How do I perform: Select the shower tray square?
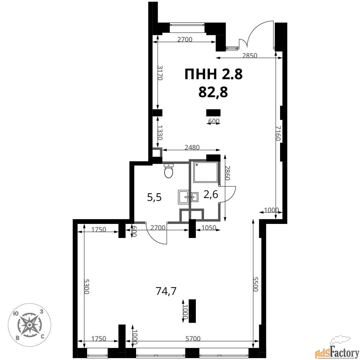pos(206,172)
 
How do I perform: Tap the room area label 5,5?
pos(154,197)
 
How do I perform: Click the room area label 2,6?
pos(211,195)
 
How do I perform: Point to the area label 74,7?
pos(166,291)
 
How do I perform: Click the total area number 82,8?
pos(213,93)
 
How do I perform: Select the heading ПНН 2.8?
pos(213,75)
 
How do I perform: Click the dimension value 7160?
pos(278,133)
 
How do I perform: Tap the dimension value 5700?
pos(193,339)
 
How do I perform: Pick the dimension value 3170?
pos(160,73)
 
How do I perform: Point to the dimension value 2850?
pos(250,55)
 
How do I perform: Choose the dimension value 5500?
pos(255,284)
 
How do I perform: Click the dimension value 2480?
pos(192,147)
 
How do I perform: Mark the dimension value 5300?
pos(86,286)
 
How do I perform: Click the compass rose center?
pos(30,325)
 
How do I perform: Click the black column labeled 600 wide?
pos(213,113)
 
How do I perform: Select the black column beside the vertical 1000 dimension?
pos(192,311)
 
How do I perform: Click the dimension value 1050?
pos(209,228)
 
